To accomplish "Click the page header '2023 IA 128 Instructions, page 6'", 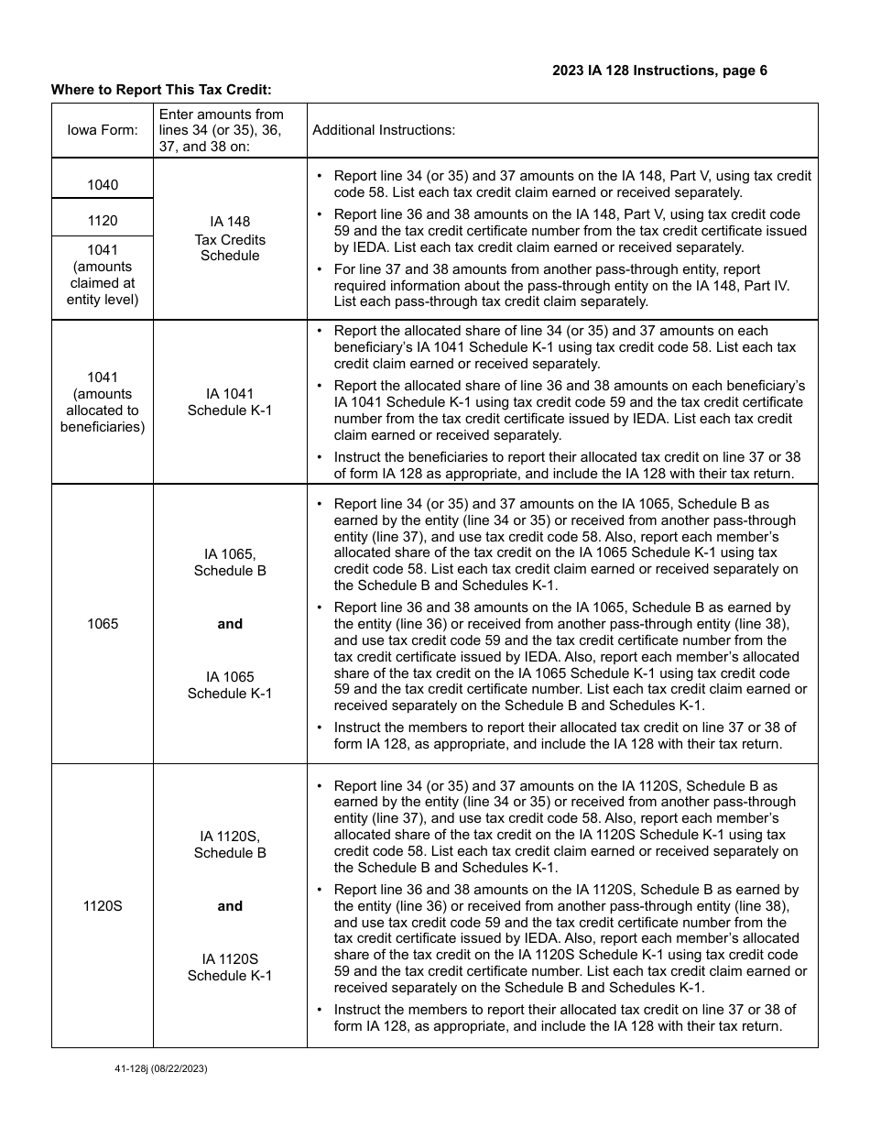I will [x=659, y=71].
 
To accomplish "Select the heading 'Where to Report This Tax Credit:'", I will [x=161, y=90].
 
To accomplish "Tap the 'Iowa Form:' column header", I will [x=103, y=130].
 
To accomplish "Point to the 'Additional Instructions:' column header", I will [x=384, y=130].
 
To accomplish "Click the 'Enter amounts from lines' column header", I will [x=222, y=130].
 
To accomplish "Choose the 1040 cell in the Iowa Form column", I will [x=103, y=185].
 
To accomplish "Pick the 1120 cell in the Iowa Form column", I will [x=103, y=221].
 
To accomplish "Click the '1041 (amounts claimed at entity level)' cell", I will [x=103, y=275].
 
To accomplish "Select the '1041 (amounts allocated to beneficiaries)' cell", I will [x=103, y=402].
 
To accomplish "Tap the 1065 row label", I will [x=103, y=624].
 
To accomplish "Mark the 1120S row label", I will [x=103, y=906].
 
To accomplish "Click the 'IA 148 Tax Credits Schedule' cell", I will [x=230, y=238].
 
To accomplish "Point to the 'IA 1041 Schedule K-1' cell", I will [x=230, y=402].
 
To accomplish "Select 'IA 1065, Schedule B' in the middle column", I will [x=230, y=563].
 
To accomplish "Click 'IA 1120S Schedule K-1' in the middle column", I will [x=230, y=968].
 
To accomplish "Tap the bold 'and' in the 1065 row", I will [x=230, y=624].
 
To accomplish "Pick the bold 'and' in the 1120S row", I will [x=230, y=906].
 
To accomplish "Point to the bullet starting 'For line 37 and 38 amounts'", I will [x=560, y=286].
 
